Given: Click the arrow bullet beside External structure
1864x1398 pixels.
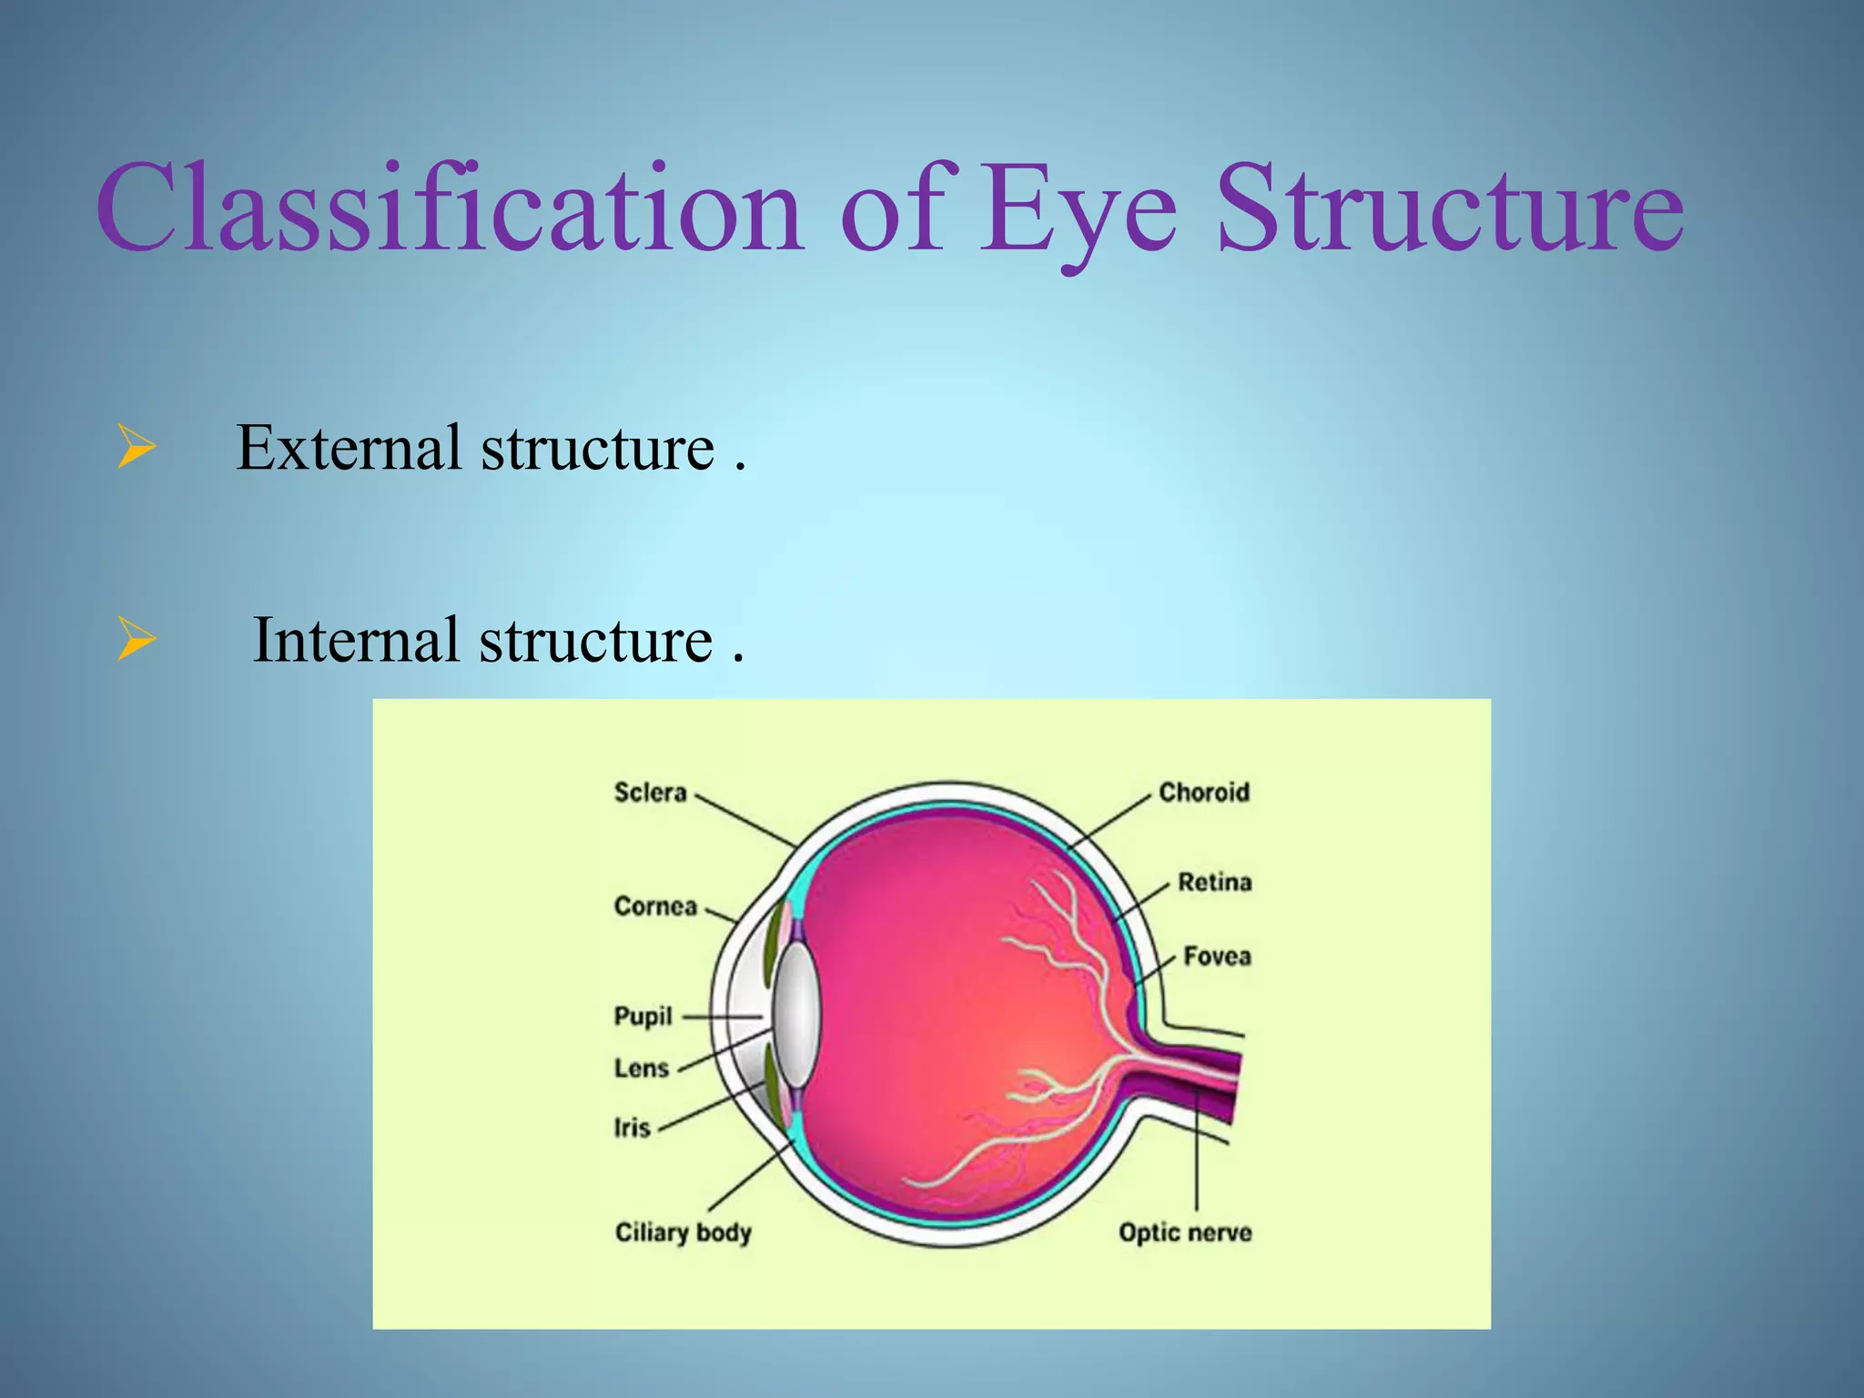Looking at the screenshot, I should tap(136, 449).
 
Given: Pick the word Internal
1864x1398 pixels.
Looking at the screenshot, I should tap(355, 640).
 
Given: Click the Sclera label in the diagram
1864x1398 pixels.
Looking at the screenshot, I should tap(650, 793).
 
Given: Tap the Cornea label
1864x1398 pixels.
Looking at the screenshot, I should tap(655, 907).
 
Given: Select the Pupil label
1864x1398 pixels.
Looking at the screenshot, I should tap(643, 1017).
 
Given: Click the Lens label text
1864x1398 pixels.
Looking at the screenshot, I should tap(641, 1069).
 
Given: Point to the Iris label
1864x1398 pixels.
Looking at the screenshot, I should tap(632, 1129).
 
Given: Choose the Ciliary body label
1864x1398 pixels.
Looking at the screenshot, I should tap(683, 1233).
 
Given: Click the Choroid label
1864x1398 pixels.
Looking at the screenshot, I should tap(1203, 793).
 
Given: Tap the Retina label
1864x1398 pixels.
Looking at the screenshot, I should tap(1214, 882).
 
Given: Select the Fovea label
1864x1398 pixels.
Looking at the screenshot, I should tap(1217, 957).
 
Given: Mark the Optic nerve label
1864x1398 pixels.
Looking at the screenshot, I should tap(1185, 1233).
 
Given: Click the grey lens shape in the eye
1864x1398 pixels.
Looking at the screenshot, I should tap(796, 1015).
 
